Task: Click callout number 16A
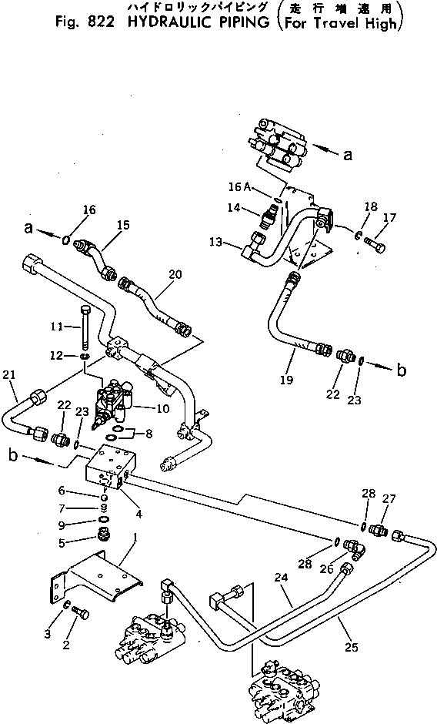tap(239, 186)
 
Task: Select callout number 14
tap(235, 208)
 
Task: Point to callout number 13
tap(216, 242)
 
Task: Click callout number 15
tap(123, 225)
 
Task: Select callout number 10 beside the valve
tap(163, 408)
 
